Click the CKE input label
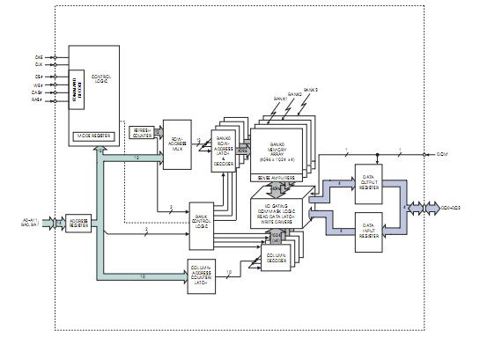click(x=38, y=56)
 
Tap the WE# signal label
click(x=38, y=84)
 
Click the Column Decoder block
click(x=279, y=259)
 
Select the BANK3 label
click(x=310, y=90)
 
